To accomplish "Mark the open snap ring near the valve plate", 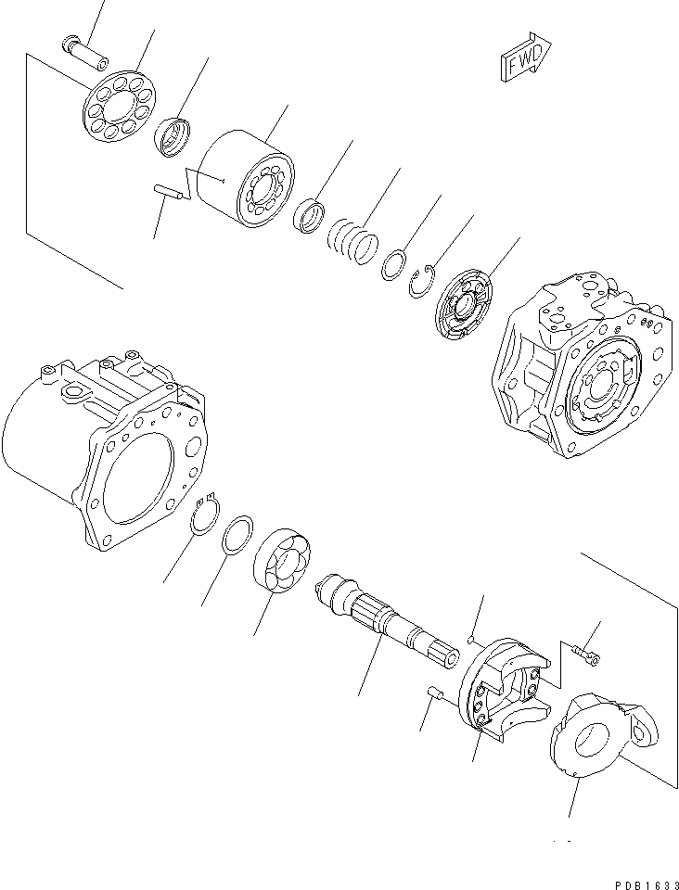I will click(423, 280).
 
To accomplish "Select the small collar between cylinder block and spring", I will click(310, 218).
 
